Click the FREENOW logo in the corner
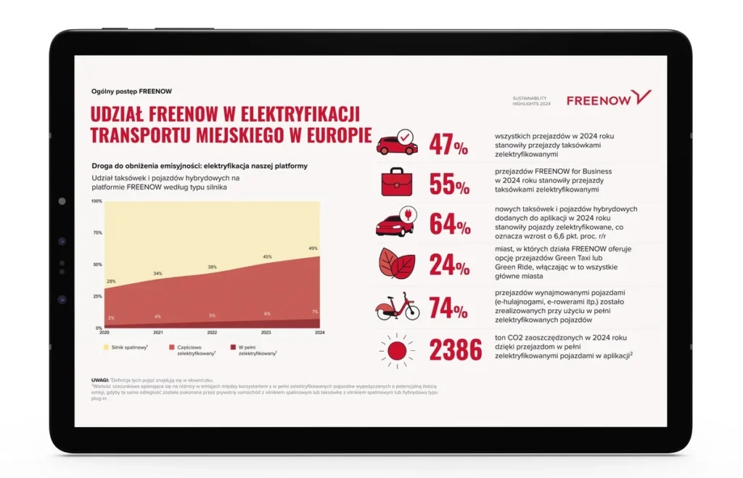coord(609,99)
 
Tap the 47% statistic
coord(449,145)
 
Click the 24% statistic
coord(449,264)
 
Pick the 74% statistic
coord(449,308)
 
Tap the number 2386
coord(456,350)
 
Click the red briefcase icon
coord(396,182)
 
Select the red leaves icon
coord(397,263)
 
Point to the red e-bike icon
coord(397,307)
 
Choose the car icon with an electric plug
coord(396,223)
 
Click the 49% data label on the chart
coord(313,248)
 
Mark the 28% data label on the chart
coord(112,281)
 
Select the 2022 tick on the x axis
coord(212,333)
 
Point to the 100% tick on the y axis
coord(97,200)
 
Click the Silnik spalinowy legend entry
coord(129,348)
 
